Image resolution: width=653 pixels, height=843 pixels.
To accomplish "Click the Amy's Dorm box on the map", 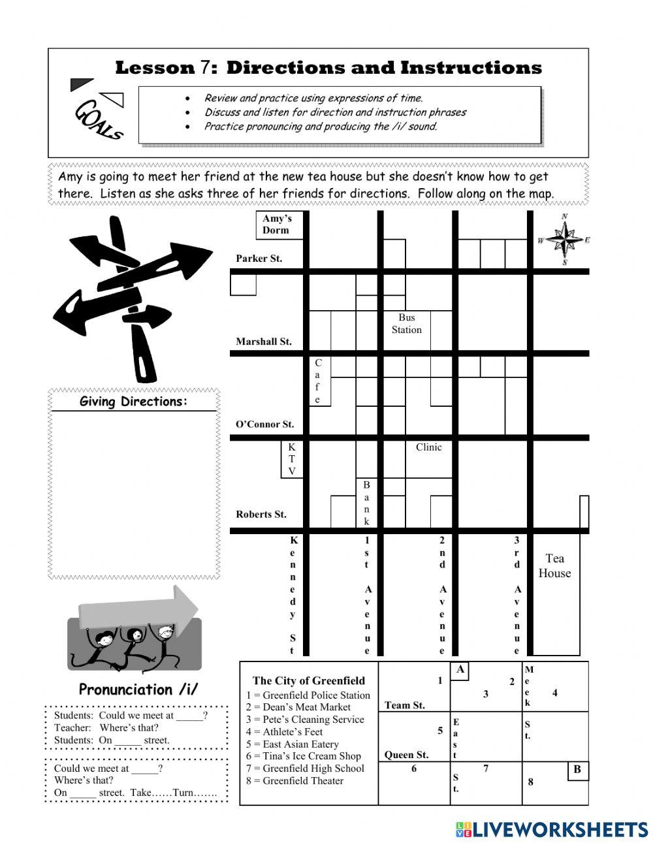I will [x=278, y=225].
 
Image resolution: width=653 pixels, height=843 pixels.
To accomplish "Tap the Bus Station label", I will [x=406, y=324].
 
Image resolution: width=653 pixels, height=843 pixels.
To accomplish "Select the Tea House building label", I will [x=554, y=565].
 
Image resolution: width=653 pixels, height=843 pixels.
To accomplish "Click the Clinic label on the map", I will [x=428, y=447].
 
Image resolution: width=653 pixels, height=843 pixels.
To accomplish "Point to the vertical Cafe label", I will [x=318, y=381].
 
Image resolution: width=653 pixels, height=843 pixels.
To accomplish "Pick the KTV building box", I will [x=292, y=459].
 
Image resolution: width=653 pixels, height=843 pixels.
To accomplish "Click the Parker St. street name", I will [x=259, y=259].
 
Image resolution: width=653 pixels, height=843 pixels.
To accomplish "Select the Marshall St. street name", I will [x=263, y=342].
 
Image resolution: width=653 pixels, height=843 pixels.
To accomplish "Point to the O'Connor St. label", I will [x=264, y=424].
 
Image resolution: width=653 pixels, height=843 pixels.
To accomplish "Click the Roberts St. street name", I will [x=261, y=515].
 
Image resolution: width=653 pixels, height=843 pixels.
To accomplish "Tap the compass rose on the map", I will [x=563, y=240].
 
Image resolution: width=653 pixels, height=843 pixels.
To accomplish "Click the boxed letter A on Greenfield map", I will [x=460, y=670].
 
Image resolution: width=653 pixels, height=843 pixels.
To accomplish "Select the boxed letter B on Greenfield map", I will [x=577, y=770].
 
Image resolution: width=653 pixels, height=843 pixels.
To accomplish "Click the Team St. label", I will [x=405, y=705].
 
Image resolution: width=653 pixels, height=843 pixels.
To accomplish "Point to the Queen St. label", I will [x=406, y=755].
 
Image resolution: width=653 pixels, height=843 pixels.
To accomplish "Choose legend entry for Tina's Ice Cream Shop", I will [x=303, y=756].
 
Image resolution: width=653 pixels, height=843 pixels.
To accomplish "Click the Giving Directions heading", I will [x=133, y=402].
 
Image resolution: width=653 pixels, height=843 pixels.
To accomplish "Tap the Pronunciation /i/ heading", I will [x=138, y=690].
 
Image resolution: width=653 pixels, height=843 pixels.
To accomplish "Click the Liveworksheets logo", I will [x=552, y=829].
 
